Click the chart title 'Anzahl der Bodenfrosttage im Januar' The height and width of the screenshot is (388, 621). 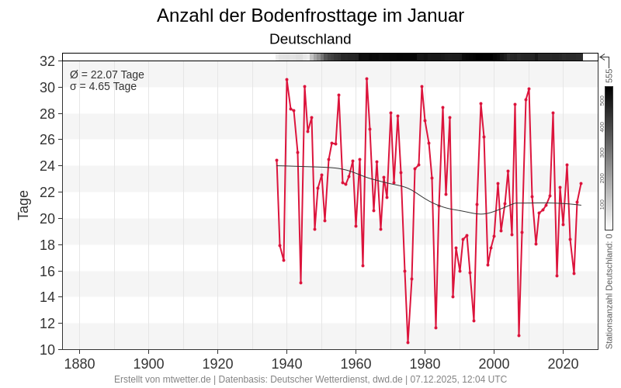(x=310, y=16)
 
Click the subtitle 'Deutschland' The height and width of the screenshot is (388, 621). (x=310, y=39)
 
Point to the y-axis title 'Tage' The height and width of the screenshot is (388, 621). (x=23, y=205)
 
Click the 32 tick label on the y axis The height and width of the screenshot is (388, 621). (x=47, y=61)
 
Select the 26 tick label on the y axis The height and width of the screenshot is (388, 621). (x=47, y=140)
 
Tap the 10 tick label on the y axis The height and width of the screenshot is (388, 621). (x=47, y=349)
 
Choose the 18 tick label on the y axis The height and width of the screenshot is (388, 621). (x=47, y=244)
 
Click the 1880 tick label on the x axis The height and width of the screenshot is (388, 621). (x=79, y=363)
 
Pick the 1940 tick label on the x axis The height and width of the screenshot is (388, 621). (x=286, y=363)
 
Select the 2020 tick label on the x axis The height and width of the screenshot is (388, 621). (x=563, y=363)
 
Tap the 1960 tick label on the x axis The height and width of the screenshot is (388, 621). (x=356, y=363)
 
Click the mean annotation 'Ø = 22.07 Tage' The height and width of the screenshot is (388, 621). (x=107, y=74)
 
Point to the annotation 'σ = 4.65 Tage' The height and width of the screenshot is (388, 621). (x=103, y=86)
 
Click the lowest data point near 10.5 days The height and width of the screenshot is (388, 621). (x=408, y=342)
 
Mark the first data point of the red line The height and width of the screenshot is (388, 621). (x=276, y=161)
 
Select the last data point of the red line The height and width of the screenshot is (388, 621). (x=581, y=183)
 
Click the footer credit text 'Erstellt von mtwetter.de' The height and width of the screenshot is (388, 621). (x=162, y=379)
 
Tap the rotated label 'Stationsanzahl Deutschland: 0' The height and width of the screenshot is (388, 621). (x=609, y=291)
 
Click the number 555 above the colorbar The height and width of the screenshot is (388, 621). (x=609, y=75)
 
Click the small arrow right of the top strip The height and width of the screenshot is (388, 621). (x=604, y=57)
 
